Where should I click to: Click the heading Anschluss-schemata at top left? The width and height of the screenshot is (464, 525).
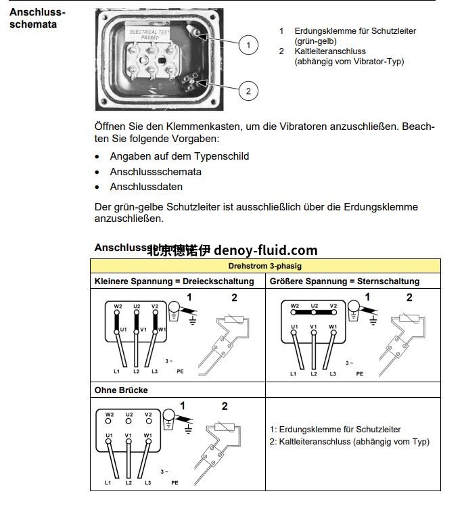click(x=38, y=19)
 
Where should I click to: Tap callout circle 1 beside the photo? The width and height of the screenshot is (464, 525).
click(x=248, y=45)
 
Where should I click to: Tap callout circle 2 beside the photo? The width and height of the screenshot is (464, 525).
click(x=248, y=91)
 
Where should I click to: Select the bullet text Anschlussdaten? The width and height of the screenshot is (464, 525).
click(x=146, y=187)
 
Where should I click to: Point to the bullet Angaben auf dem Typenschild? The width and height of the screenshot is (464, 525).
click(x=179, y=156)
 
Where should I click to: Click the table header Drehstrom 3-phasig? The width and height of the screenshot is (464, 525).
click(x=265, y=266)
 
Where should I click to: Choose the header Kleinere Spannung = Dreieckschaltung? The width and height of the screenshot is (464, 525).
click(x=175, y=281)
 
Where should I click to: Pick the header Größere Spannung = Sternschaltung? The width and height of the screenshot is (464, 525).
click(x=344, y=281)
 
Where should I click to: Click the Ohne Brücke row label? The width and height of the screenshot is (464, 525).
click(x=121, y=390)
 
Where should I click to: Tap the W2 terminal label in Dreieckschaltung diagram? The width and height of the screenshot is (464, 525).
click(x=118, y=306)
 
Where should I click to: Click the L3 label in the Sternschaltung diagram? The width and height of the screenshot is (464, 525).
click(x=332, y=373)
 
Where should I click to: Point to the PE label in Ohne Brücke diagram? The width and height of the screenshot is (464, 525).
click(x=175, y=483)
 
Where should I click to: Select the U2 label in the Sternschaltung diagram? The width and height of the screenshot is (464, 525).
click(x=314, y=306)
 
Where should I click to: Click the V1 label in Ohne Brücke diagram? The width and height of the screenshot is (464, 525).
click(x=129, y=435)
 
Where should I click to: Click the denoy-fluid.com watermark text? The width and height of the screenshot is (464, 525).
click(x=265, y=250)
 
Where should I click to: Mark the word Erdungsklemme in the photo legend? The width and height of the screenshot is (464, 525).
click(x=323, y=31)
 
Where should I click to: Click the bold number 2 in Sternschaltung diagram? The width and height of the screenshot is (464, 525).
click(x=409, y=297)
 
